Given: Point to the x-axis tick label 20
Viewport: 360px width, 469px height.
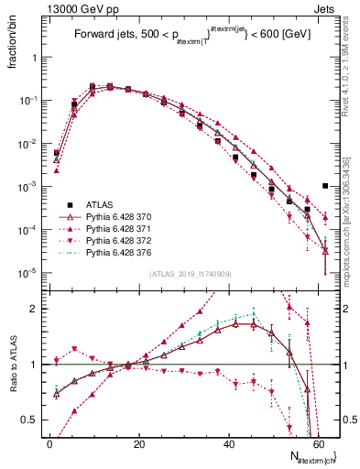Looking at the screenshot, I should coord(138,442).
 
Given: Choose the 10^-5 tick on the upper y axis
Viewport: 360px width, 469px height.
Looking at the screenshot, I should coord(26,272).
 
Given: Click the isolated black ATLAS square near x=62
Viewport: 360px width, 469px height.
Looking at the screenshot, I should coord(325,186).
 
